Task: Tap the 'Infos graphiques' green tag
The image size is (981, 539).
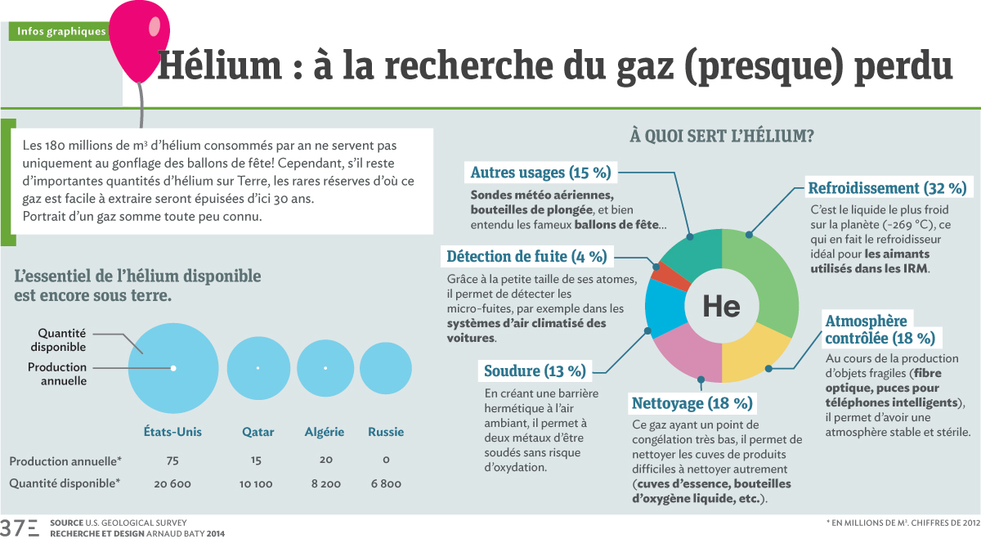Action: (60, 32)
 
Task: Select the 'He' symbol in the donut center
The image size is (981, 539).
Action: (721, 306)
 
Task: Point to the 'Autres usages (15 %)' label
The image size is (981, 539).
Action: (540, 173)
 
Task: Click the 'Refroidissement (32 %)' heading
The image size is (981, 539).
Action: (887, 187)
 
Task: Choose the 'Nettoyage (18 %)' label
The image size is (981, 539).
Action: (692, 403)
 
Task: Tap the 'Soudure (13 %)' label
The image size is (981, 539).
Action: (535, 371)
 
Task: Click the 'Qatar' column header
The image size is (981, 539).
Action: (258, 432)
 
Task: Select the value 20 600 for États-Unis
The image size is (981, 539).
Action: (172, 483)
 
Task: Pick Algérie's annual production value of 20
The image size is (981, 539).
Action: (325, 460)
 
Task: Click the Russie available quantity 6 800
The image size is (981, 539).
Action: (386, 483)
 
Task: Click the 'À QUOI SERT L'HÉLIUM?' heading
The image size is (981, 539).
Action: (721, 136)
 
